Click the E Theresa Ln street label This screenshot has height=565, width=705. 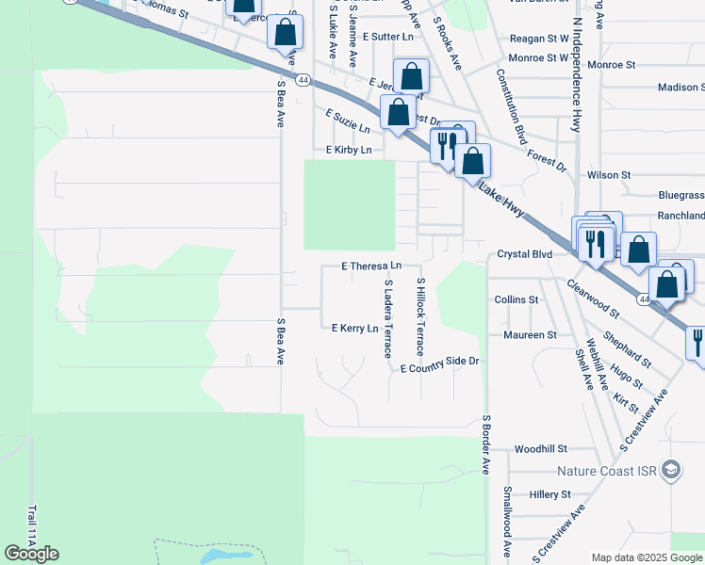371,266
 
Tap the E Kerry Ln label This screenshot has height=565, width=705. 354,328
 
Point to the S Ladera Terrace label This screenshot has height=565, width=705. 386,317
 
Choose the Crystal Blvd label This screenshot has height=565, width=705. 524,254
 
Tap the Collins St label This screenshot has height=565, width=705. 516,299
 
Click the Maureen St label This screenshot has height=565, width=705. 530,334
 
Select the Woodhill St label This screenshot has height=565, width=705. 540,449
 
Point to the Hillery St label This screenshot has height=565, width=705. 550,494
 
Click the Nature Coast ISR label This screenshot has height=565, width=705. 605,471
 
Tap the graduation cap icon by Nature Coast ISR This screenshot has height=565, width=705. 671,470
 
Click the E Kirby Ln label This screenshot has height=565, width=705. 349,150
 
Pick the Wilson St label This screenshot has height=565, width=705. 608,175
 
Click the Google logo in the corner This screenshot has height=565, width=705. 31,554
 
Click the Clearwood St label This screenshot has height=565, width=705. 593,297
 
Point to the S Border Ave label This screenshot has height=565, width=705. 486,443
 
